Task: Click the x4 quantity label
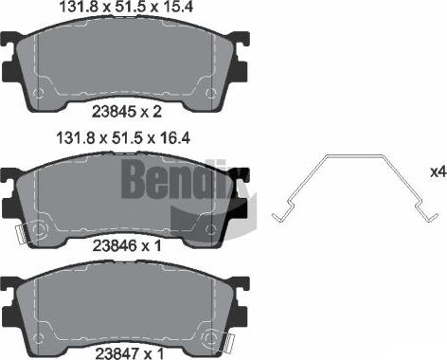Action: pyautogui.click(x=437, y=172)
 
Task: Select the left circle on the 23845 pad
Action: pyautogui.click(x=40, y=92)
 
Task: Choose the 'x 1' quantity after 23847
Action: pyautogui.click(x=146, y=351)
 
